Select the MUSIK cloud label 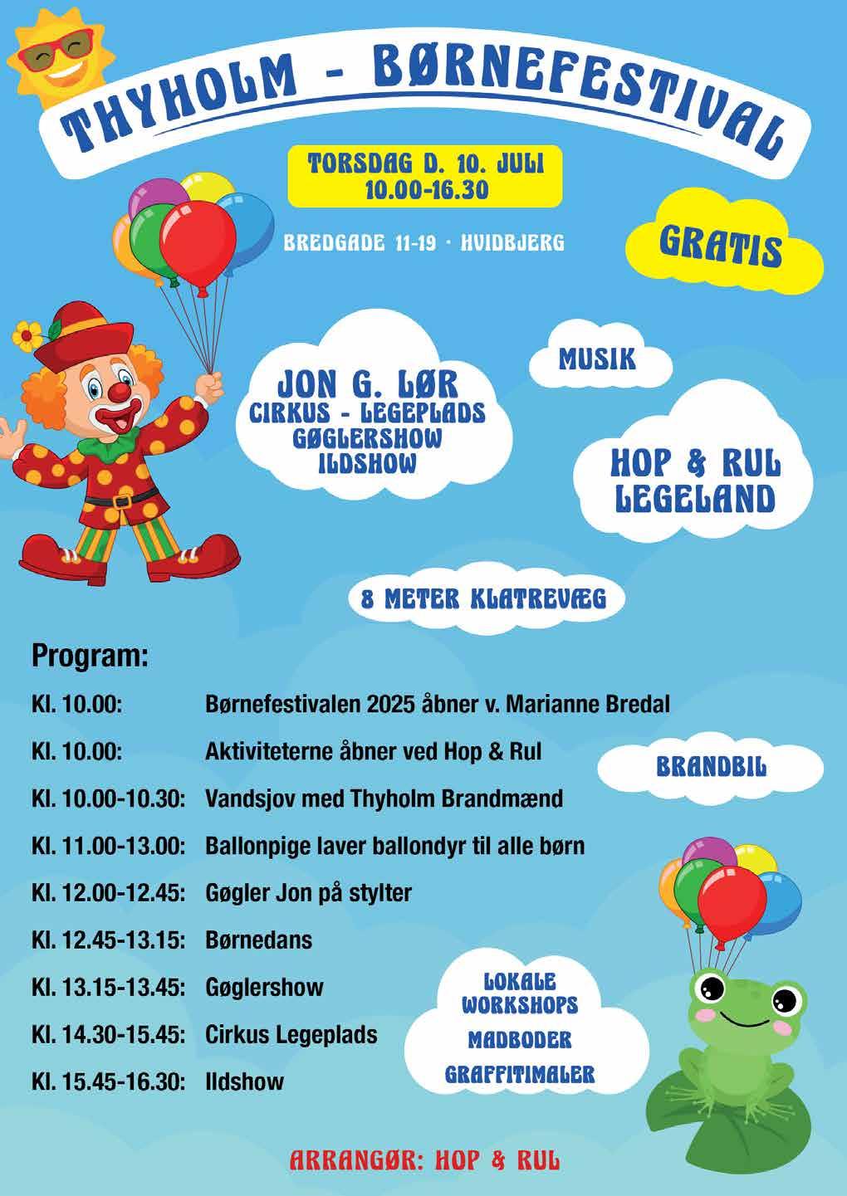click(597, 359)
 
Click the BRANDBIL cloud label click(711, 767)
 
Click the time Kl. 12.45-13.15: click(107, 940)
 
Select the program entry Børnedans click(258, 940)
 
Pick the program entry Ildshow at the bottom click(244, 1081)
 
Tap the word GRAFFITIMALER click(520, 1074)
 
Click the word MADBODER click(520, 1039)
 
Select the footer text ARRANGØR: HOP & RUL click(423, 1159)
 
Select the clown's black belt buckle click(122, 501)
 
